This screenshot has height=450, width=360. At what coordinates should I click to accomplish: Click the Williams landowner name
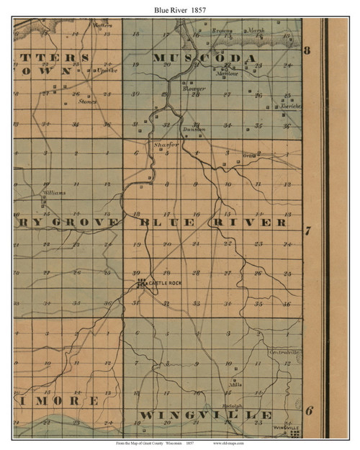click(53, 193)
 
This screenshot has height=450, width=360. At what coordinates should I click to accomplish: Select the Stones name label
click(88, 102)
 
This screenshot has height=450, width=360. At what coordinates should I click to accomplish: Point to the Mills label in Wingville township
click(234, 385)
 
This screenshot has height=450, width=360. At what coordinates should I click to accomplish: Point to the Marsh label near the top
click(256, 32)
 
